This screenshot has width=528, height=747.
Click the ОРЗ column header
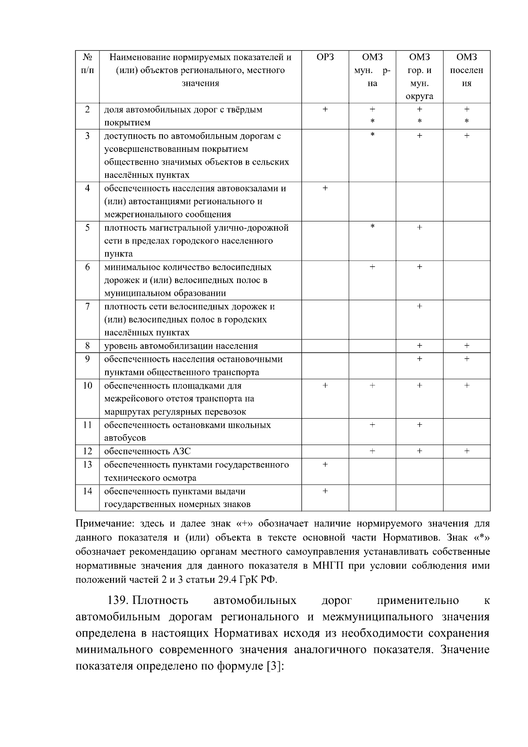(x=325, y=57)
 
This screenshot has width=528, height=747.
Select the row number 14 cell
(x=88, y=491)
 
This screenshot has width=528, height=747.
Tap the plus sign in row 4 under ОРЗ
(x=325, y=188)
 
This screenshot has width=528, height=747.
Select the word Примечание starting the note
(x=104, y=524)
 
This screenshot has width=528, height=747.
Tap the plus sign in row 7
(x=419, y=306)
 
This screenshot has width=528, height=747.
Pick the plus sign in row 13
(x=325, y=464)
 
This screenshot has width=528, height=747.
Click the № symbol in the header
(x=88, y=57)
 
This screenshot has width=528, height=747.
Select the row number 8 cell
(x=88, y=346)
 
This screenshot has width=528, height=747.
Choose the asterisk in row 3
(x=372, y=135)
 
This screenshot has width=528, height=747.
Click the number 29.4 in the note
(x=227, y=579)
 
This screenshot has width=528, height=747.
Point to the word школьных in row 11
(x=251, y=425)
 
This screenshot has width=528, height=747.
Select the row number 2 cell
(x=88, y=109)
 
